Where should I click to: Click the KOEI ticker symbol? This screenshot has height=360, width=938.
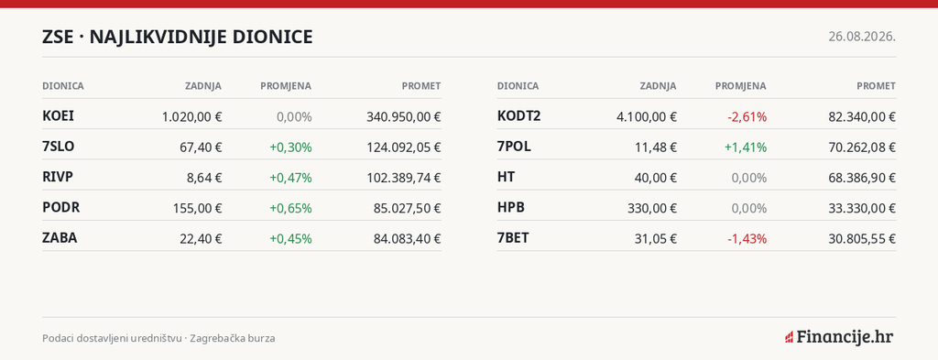pos(58,116)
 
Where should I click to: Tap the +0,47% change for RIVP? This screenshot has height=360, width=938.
pos(290,178)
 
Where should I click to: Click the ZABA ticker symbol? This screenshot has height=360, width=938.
pos(60,238)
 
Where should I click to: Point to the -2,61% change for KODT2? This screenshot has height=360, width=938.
pos(747,116)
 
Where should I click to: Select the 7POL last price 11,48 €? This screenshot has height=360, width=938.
pos(656,147)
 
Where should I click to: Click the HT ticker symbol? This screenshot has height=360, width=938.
pos(506,177)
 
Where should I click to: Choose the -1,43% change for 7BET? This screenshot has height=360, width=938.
pos(747,238)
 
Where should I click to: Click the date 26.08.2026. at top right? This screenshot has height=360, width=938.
pos(862,37)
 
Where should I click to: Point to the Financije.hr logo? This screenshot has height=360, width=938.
pos(839,337)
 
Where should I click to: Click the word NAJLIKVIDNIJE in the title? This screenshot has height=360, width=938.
pos(158,37)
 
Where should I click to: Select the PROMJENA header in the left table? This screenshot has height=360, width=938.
pos(286,86)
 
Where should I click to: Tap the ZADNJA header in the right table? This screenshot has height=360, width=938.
pos(658,86)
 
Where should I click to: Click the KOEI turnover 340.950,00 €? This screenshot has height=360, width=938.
pos(404,116)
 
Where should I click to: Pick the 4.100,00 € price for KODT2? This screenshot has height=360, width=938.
pos(647,116)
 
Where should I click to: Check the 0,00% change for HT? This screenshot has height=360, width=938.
pos(749,178)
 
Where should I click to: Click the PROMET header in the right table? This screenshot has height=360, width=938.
pos(877,86)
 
